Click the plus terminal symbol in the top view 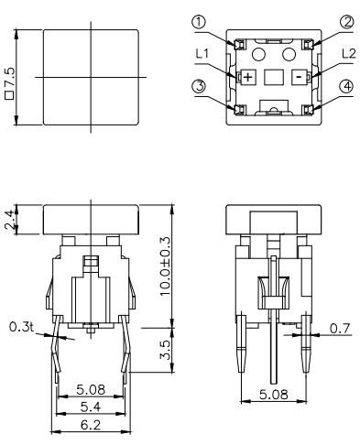pos(246,77)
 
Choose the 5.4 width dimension pos(89,405)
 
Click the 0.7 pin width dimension pos(339,327)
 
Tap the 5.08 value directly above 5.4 pos(89,390)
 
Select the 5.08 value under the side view pos(272,394)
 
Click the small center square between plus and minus pos(272,78)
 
